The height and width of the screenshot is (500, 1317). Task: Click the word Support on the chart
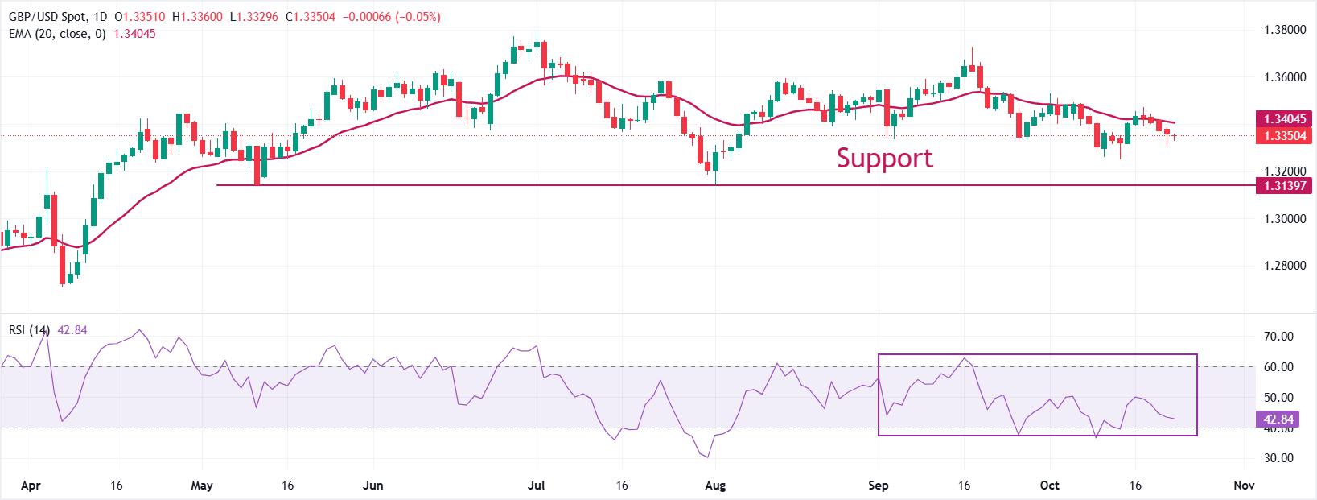884,158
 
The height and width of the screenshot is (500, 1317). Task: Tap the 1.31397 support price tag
1284,186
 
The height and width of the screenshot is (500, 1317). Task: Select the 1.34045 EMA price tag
1284,119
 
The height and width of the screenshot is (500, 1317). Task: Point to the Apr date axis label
30,486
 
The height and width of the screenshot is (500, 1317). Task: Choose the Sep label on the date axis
879,486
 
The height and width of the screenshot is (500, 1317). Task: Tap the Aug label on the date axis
715,486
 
